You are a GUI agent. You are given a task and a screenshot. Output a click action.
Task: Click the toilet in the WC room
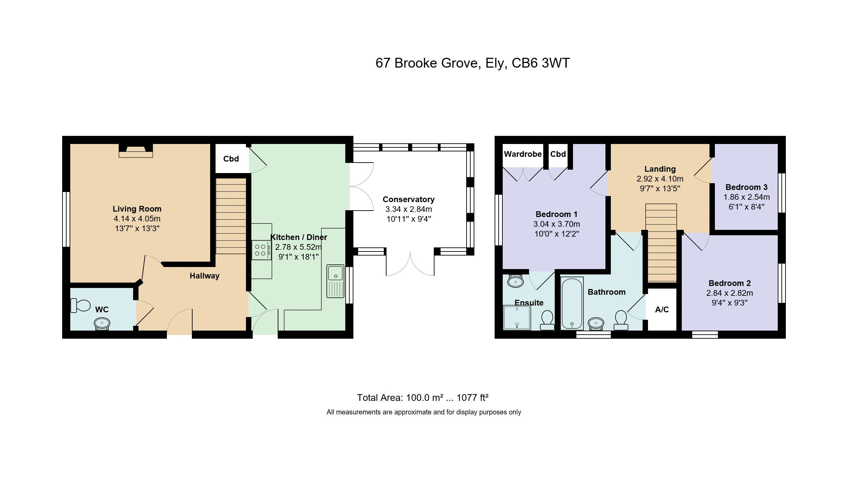point(80,306)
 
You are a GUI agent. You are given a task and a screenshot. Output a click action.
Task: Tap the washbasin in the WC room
point(102,323)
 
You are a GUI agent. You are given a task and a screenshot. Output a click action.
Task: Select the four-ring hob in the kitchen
point(261,250)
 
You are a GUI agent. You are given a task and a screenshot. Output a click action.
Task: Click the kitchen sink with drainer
point(335,281)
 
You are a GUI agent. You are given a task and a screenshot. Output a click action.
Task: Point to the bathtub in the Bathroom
point(572,303)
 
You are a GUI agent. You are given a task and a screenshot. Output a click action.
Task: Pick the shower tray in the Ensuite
point(517,317)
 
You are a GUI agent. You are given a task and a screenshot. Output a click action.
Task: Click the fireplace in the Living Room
point(136,151)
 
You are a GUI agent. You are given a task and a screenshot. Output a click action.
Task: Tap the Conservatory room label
point(408,199)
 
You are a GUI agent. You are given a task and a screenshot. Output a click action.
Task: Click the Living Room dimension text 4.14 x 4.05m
point(137,219)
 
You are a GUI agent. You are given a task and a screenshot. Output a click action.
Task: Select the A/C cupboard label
point(662,310)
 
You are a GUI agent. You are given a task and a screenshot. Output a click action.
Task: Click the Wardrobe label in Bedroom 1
point(523,154)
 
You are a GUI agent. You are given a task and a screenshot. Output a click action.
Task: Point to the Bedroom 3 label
point(746,187)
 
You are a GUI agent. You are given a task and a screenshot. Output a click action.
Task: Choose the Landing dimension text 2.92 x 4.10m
point(660,179)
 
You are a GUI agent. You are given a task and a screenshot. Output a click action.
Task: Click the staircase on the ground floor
point(231,216)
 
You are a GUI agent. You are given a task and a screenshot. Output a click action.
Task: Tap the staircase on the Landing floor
point(661,243)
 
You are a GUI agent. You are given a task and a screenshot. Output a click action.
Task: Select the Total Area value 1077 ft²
point(473,397)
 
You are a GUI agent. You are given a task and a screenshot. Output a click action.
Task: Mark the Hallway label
point(204,276)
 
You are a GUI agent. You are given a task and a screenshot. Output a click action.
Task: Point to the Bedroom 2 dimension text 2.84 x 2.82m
point(729,293)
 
